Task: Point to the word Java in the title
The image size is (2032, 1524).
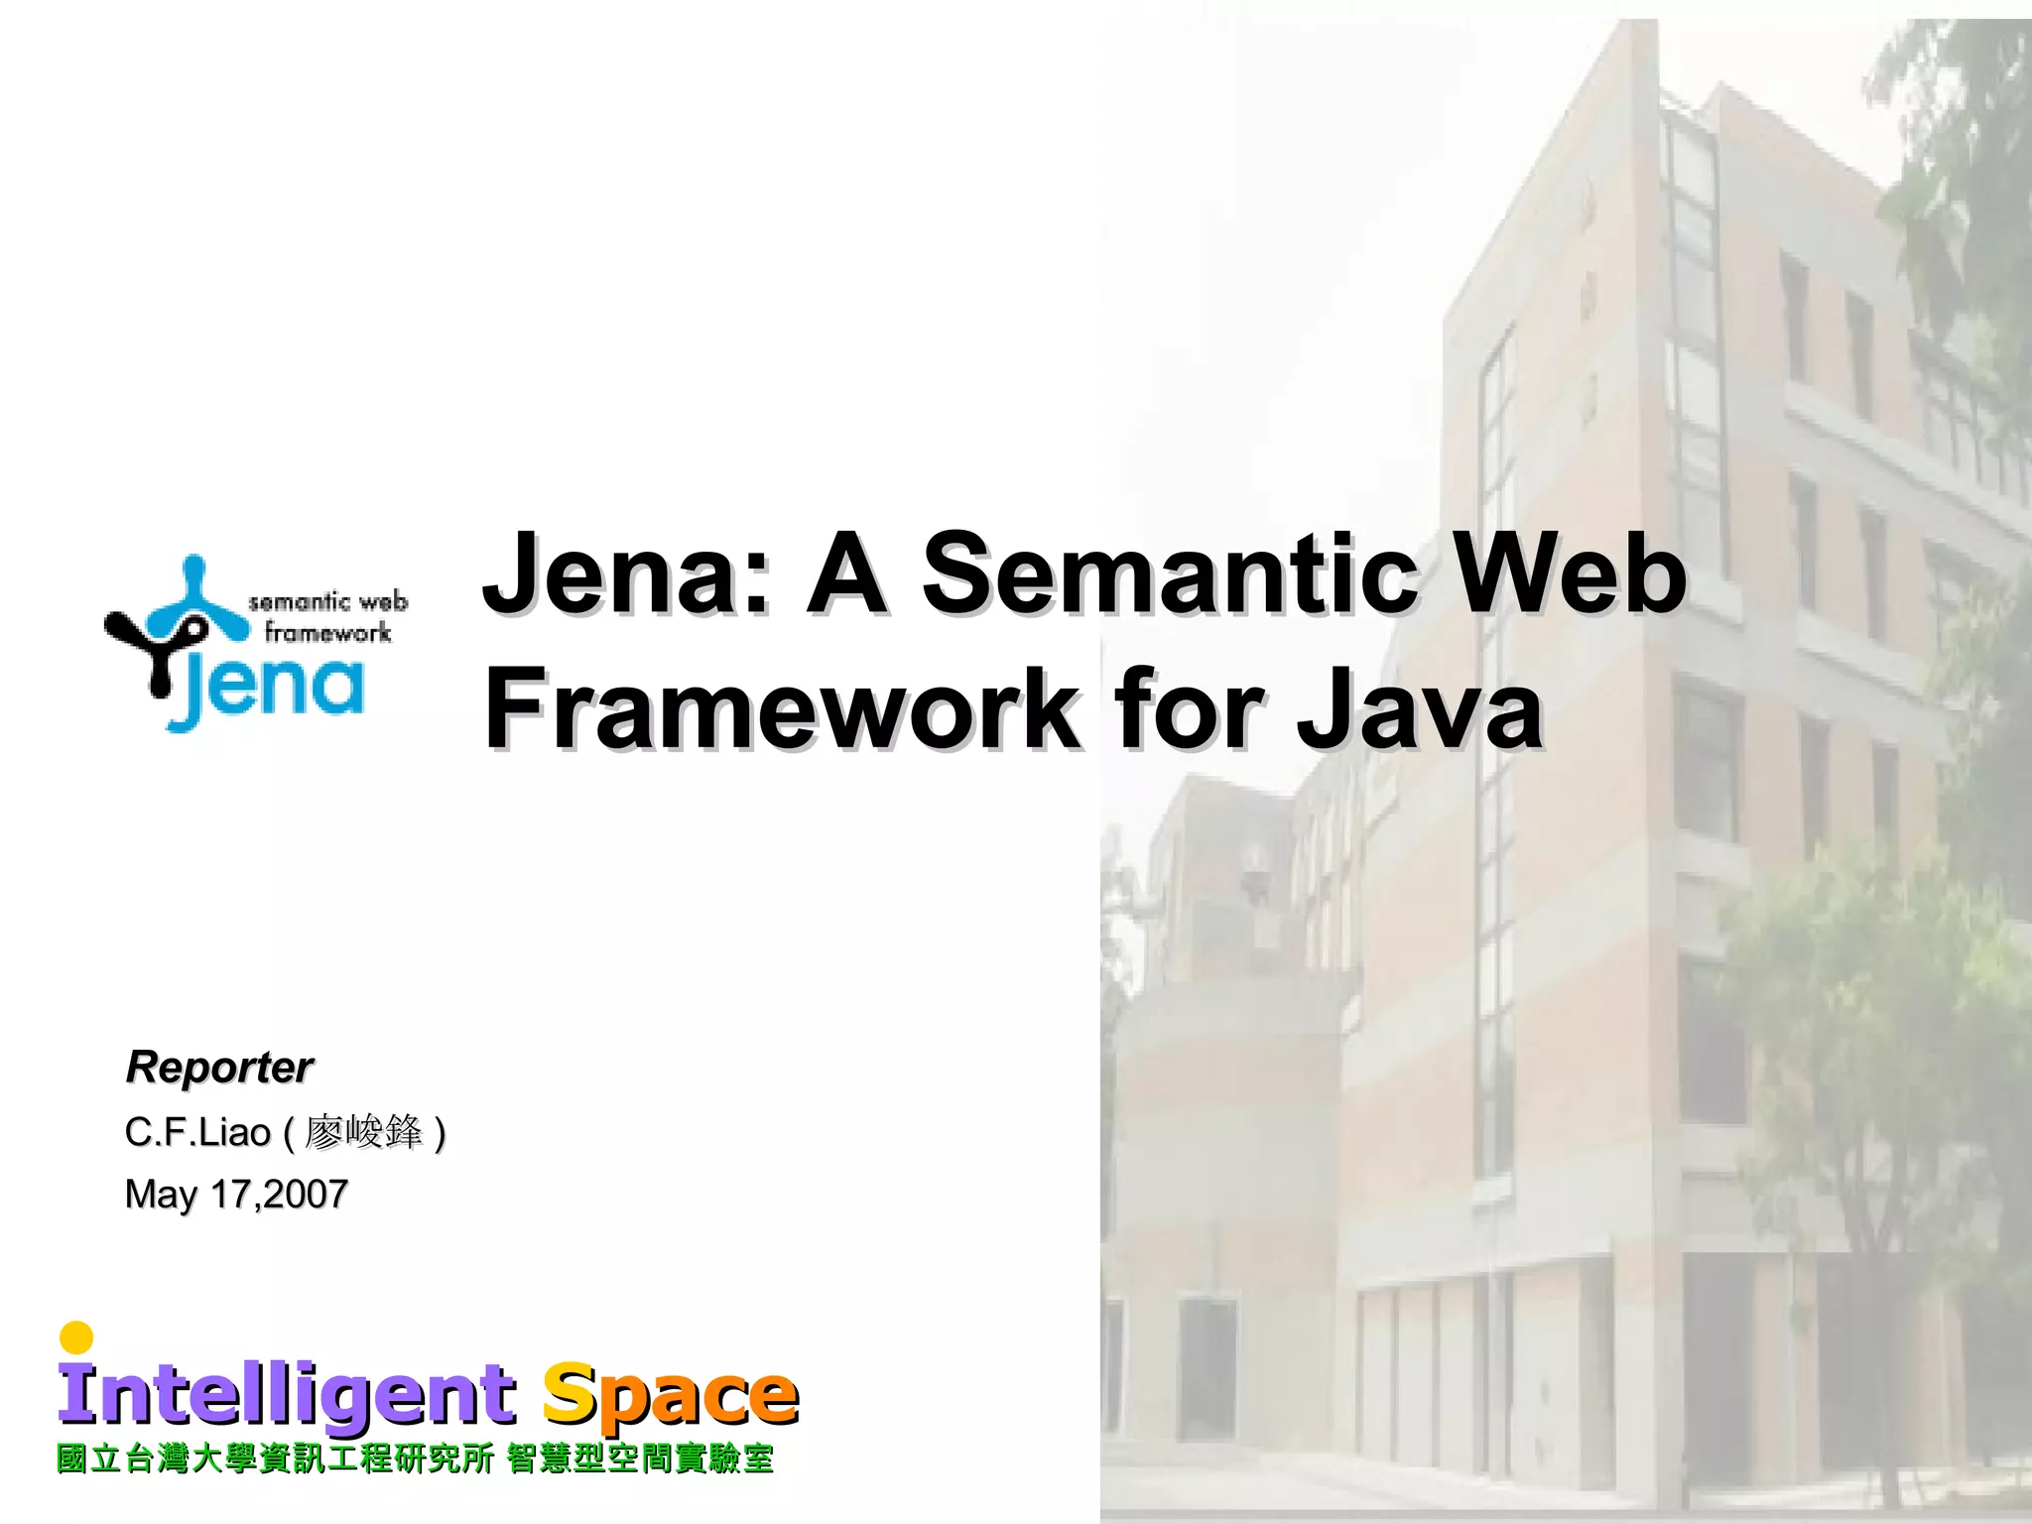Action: [x=1419, y=708]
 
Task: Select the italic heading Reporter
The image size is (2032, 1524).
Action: [x=219, y=1068]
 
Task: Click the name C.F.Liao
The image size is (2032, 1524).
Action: [x=197, y=1132]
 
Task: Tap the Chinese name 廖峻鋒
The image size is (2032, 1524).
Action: [x=363, y=1132]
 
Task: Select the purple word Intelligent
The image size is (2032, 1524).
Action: [x=287, y=1394]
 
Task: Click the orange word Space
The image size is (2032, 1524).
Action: [x=671, y=1394]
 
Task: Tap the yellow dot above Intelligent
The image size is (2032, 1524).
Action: [x=76, y=1337]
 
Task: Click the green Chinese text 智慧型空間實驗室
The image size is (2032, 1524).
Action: [x=640, y=1460]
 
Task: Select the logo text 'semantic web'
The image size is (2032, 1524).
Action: [x=327, y=601]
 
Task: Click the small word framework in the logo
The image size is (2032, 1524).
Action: [x=327, y=632]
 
